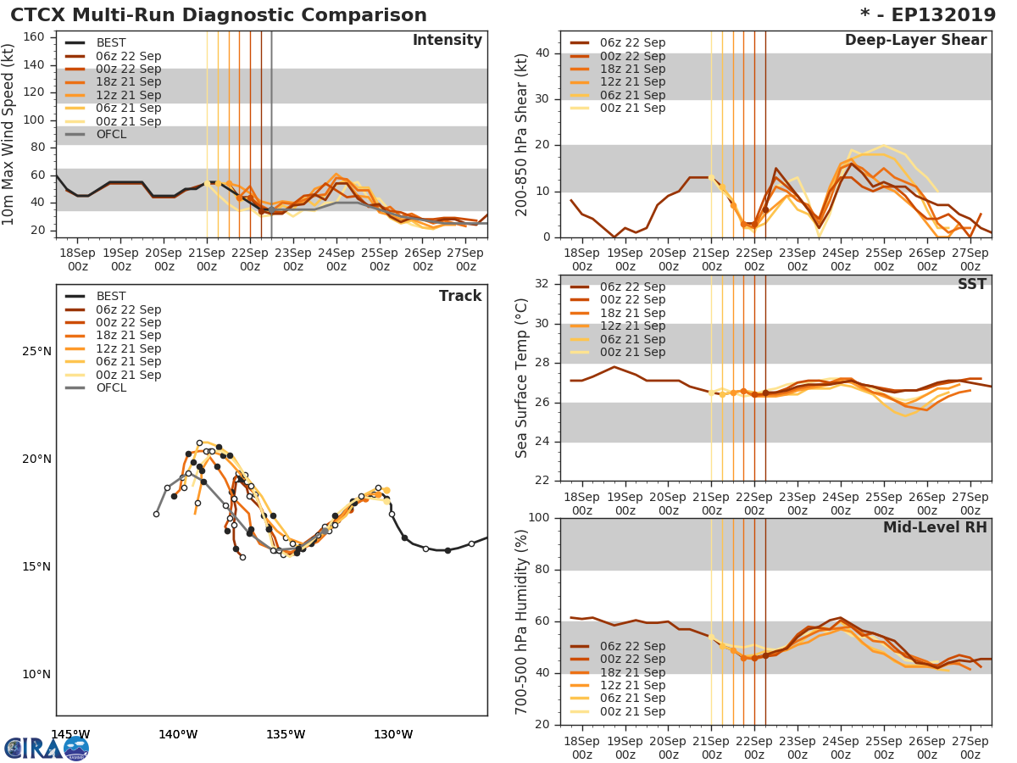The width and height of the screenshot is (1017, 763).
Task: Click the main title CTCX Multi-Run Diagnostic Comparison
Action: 219,15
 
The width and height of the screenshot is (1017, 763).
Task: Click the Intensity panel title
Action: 447,41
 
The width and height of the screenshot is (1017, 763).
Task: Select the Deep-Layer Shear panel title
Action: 915,41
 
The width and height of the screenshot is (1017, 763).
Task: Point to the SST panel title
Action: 972,284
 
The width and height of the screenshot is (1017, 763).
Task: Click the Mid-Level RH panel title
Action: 935,527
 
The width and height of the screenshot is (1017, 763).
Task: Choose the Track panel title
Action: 460,296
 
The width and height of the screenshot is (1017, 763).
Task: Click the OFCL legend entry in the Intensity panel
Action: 112,135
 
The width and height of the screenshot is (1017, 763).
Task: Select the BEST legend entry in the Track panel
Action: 111,296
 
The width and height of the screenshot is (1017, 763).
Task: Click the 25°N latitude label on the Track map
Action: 36,352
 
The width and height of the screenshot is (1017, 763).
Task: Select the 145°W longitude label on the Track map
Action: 70,734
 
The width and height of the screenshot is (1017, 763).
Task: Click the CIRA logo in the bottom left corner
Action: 47,749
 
